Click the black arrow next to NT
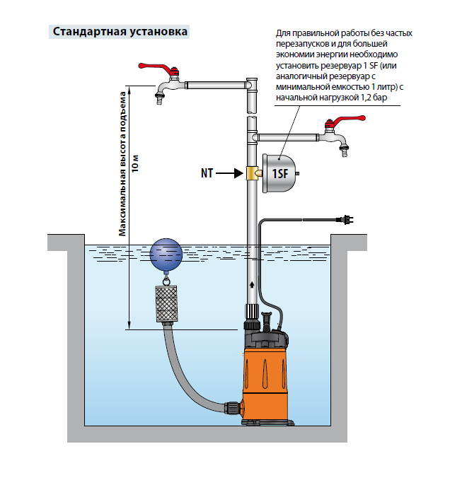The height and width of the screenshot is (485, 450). click(229, 172)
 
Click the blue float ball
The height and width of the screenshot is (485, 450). click(166, 255)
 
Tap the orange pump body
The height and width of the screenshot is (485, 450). click(265, 378)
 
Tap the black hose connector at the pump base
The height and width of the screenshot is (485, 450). click(232, 409)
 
